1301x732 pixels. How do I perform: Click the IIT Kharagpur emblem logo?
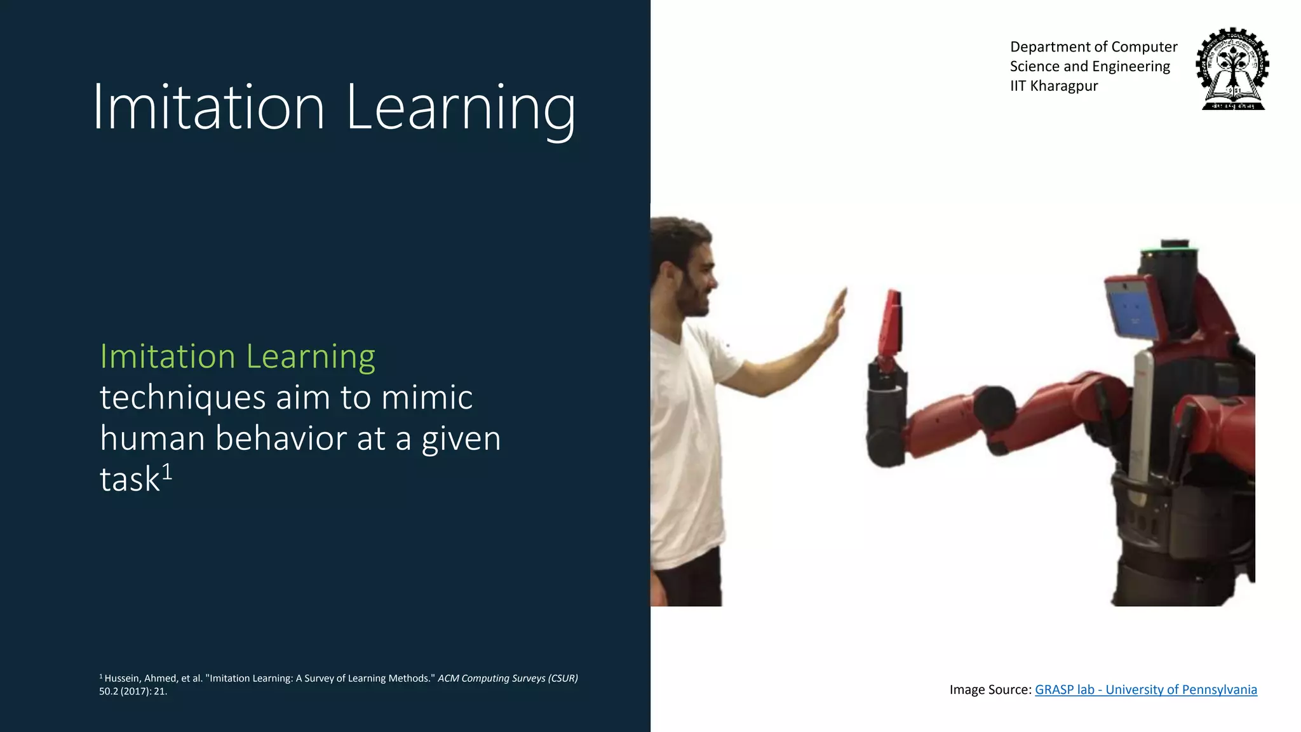click(x=1232, y=69)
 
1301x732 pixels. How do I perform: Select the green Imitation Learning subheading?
click(x=238, y=356)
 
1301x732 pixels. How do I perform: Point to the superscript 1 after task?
click(x=167, y=471)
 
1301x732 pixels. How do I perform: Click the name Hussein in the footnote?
click(x=123, y=678)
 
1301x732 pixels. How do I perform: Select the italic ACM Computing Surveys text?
click(x=507, y=678)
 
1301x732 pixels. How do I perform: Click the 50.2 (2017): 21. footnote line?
click(x=133, y=691)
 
